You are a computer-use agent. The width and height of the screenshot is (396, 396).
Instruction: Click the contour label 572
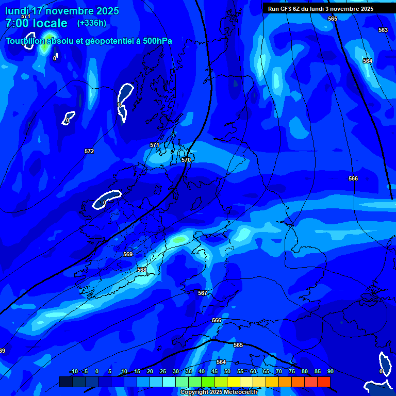(x=89, y=151)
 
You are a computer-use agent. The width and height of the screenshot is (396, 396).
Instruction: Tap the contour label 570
(x=186, y=160)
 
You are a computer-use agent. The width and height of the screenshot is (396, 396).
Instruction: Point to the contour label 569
(x=128, y=254)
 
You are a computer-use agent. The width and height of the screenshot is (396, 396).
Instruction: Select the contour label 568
(x=142, y=270)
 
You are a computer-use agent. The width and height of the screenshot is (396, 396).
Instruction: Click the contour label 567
(x=203, y=293)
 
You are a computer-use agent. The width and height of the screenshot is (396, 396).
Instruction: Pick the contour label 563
(x=383, y=30)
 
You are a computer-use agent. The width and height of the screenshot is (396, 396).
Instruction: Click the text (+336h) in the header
(x=92, y=23)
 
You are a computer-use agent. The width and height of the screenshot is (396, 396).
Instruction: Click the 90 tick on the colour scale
(x=330, y=371)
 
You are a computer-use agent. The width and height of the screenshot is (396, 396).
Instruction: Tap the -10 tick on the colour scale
(x=74, y=371)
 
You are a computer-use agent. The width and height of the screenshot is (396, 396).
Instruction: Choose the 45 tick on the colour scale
(x=214, y=371)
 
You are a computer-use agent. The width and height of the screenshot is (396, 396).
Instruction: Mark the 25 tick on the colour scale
(x=162, y=371)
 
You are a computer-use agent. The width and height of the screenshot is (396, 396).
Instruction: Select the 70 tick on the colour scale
(x=278, y=371)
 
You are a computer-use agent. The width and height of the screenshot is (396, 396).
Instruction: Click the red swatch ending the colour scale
(x=324, y=382)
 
